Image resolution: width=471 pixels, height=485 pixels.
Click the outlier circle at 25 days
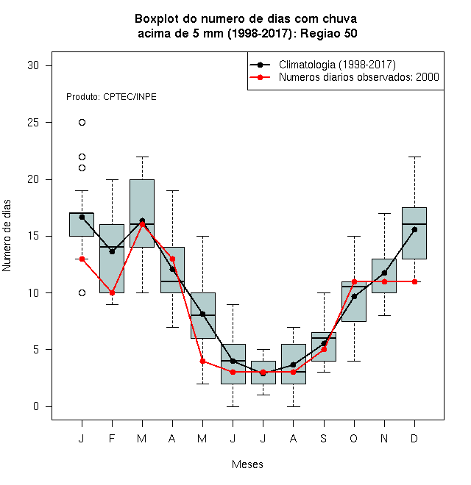[x=82, y=123]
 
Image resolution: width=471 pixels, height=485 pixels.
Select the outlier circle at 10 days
[x=82, y=293]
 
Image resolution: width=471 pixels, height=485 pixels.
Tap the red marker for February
[x=112, y=293]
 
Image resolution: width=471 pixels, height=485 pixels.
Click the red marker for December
[x=414, y=281]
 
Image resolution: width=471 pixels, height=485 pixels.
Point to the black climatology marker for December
[x=414, y=229]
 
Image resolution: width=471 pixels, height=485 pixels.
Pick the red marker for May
[x=202, y=361]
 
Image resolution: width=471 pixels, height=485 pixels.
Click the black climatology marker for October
[x=354, y=297]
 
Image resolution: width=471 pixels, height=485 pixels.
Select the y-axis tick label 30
[x=33, y=65]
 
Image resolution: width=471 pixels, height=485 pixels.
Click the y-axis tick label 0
[x=36, y=406]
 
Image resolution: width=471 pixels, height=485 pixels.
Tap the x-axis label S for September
[x=324, y=439]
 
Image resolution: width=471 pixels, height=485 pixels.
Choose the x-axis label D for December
[x=414, y=439]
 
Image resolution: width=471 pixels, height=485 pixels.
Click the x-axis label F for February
[x=112, y=439]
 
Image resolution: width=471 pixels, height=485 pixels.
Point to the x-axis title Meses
[x=247, y=464]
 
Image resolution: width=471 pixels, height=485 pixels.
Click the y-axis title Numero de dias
[x=7, y=236]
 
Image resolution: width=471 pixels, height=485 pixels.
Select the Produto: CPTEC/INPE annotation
[x=111, y=97]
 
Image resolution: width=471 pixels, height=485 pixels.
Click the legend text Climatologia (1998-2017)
[x=337, y=65]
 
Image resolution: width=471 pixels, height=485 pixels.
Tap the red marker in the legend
[x=260, y=77]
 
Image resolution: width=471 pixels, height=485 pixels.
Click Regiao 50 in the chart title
[x=329, y=33]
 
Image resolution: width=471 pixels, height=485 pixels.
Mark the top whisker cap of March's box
[x=142, y=157]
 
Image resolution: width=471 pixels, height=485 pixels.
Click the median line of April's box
[x=173, y=281]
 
